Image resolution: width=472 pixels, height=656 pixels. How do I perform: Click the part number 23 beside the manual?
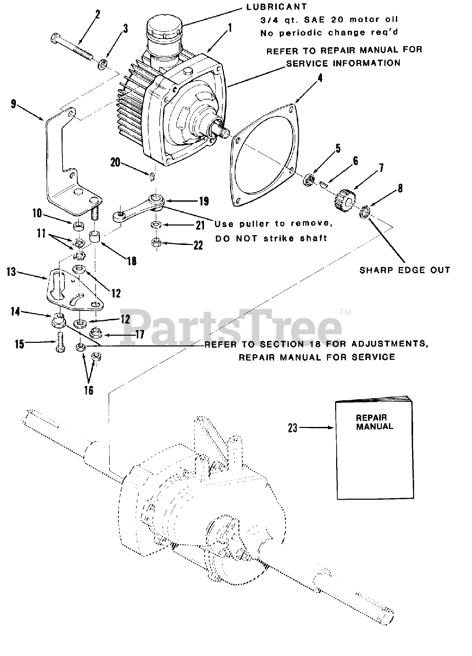coord(292,427)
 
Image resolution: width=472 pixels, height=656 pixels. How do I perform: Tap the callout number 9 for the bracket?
coord(13,104)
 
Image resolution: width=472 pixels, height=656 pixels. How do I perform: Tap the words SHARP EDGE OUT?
coord(405,270)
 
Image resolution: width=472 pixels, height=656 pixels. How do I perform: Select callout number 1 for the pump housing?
coord(230,29)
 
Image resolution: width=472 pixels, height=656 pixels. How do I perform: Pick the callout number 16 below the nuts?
coord(88,390)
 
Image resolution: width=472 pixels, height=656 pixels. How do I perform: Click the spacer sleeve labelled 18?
coord(95,238)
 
